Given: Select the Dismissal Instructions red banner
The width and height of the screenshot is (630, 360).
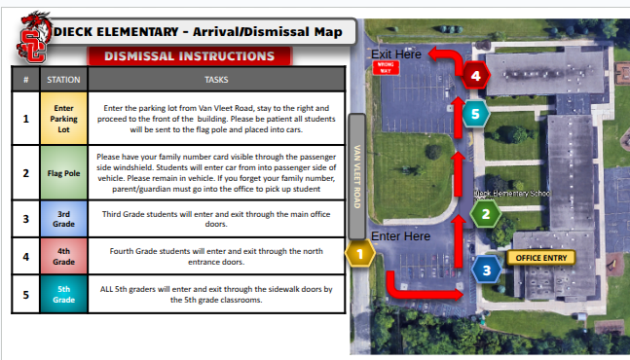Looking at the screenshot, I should click(191, 56).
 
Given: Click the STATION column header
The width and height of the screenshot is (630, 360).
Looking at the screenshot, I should click(64, 79).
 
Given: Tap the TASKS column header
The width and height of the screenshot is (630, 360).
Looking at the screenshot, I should click(216, 79).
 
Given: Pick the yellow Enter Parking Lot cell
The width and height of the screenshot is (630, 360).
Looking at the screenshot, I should click(64, 118).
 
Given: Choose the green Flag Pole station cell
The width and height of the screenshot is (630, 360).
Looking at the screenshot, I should click(64, 172).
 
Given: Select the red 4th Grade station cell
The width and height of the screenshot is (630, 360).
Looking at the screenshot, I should click(64, 256).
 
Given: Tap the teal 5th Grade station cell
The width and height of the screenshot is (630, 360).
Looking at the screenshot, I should click(64, 294).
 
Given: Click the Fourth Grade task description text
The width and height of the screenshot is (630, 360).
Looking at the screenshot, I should click(216, 256).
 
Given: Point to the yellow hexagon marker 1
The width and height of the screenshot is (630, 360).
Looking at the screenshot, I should click(360, 253).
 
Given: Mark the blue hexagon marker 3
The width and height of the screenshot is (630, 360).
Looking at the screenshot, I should click(486, 270).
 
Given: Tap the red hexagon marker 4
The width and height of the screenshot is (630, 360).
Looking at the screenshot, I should click(475, 74).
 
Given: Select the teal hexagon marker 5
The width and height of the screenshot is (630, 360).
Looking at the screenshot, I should click(475, 115).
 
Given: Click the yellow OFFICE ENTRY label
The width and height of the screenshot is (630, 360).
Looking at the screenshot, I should click(540, 258).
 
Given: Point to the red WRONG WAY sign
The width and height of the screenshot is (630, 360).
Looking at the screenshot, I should click(385, 68).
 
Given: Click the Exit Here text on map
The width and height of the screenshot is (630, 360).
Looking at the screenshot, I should click(396, 54).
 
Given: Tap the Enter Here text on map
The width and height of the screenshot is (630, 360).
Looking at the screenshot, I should click(400, 235).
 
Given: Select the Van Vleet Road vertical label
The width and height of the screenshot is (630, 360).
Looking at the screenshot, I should click(357, 177).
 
